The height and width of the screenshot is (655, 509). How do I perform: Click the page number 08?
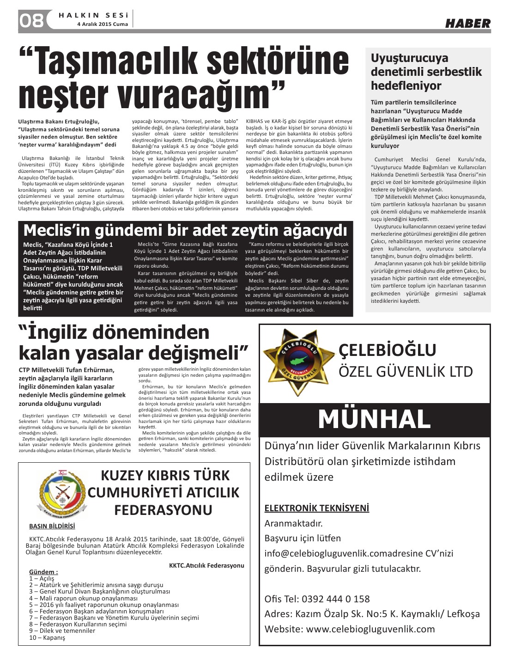pyautogui.click(x=31, y=21)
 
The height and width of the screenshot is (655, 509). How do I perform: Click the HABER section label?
pyautogui.click(x=467, y=24)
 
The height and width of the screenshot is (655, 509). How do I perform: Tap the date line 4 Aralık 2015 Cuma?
pyautogui.click(x=103, y=24)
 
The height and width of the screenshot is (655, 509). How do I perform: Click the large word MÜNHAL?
pyautogui.click(x=374, y=419)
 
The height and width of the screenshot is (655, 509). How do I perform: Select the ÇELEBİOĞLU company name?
pyautogui.click(x=387, y=350)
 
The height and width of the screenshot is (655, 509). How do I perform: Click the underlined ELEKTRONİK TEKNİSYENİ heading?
pyautogui.click(x=317, y=508)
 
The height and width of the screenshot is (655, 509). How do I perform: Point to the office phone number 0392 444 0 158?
pyautogui.click(x=336, y=599)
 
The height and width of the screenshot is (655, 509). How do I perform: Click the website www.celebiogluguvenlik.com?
pyautogui.click(x=370, y=629)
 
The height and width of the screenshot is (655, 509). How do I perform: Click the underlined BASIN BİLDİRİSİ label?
pyautogui.click(x=52, y=526)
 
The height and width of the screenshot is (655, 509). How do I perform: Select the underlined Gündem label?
pyautogui.click(x=43, y=572)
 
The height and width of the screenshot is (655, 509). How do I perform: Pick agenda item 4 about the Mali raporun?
pyautogui.click(x=83, y=598)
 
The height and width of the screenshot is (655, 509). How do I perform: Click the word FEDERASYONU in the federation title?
pyautogui.click(x=163, y=510)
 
